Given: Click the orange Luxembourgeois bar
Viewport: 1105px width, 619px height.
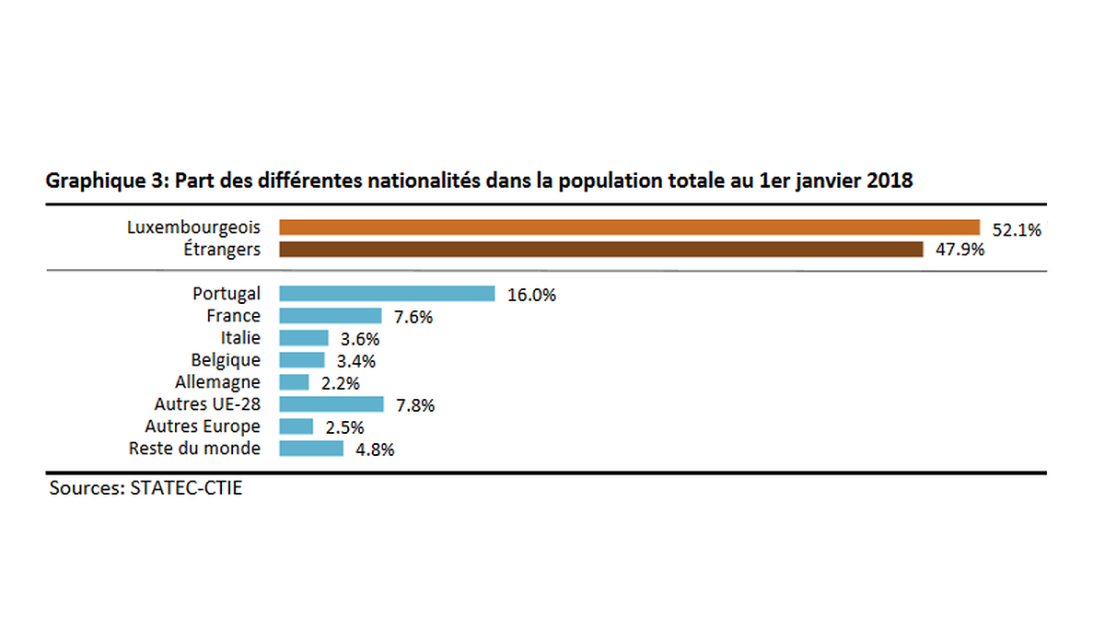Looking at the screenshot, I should click(628, 228).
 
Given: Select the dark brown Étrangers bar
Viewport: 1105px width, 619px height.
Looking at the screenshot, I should click(600, 250).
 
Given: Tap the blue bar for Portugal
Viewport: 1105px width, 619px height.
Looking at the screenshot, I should click(387, 294).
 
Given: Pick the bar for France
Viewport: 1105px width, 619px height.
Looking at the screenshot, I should click(330, 316).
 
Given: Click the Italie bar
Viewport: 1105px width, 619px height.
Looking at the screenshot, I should click(303, 338).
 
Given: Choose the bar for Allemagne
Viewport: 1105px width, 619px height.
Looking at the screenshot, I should click(294, 382).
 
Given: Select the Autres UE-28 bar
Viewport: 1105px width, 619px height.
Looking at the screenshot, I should click(331, 404).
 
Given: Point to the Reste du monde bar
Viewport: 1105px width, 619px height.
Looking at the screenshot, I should click(310, 449).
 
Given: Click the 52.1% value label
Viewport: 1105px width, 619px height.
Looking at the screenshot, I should click(1017, 230).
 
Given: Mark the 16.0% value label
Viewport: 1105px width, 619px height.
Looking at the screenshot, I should click(531, 296).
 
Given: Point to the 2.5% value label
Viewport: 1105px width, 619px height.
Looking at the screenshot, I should click(344, 427).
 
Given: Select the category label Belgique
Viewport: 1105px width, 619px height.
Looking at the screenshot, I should click(226, 360).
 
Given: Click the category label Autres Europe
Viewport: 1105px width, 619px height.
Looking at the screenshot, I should click(203, 426).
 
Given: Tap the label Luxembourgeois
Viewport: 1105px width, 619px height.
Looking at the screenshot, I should click(193, 227).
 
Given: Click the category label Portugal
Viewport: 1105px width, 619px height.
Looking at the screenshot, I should click(227, 294).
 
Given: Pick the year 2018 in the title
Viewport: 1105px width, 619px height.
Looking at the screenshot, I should click(889, 181).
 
